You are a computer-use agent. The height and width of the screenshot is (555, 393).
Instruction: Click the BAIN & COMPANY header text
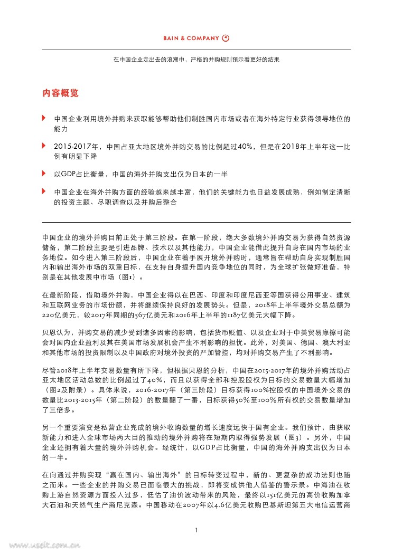pos(191,38)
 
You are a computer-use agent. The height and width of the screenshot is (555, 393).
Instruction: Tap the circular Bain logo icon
pos(226,38)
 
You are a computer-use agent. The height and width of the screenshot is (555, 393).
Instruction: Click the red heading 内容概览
pos(61,93)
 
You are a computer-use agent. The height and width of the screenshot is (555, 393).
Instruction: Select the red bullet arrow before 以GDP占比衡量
pos(44,173)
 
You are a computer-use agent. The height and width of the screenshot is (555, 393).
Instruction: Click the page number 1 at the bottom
pos(196,530)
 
